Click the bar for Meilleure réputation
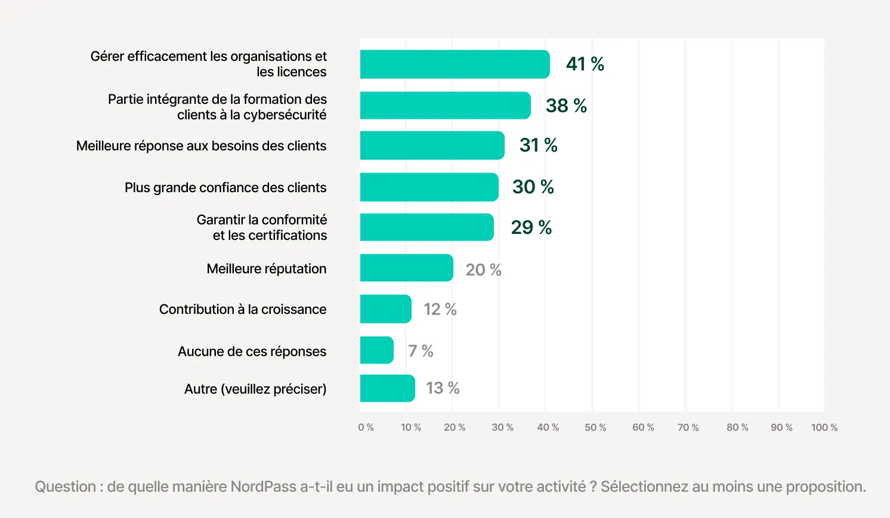pyautogui.click(x=406, y=268)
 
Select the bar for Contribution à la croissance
pyautogui.click(x=385, y=309)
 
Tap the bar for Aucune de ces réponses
pyautogui.click(x=376, y=350)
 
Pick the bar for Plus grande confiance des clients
pyautogui.click(x=429, y=187)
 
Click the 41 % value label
pyautogui.click(x=585, y=64)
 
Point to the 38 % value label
pyautogui.click(x=566, y=106)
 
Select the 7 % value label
pyautogui.click(x=421, y=351)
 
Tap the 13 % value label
pyautogui.click(x=443, y=388)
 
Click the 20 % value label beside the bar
pyautogui.click(x=483, y=270)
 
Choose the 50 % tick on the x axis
pyautogui.click(x=595, y=428)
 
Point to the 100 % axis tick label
pyautogui.click(x=824, y=428)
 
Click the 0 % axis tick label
pyautogui.click(x=366, y=428)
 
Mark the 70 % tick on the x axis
pyautogui.click(x=688, y=428)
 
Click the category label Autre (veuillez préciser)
pyautogui.click(x=255, y=389)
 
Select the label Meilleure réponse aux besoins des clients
pyautogui.click(x=201, y=146)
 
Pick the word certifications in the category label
pyautogui.click(x=287, y=236)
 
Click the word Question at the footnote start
pyautogui.click(x=65, y=487)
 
